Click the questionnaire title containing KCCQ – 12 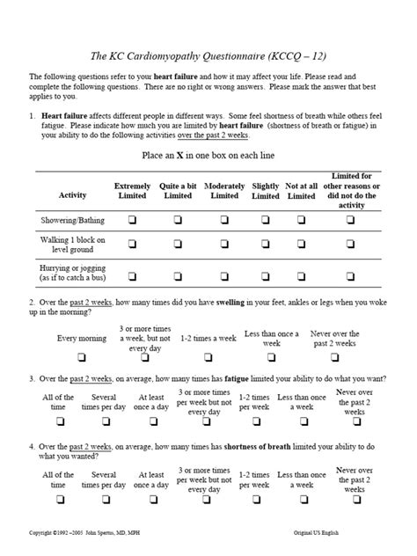[x=208, y=55]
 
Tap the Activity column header [x=72, y=194]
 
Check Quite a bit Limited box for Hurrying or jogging [x=177, y=275]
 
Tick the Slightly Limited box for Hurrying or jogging [x=265, y=275]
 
